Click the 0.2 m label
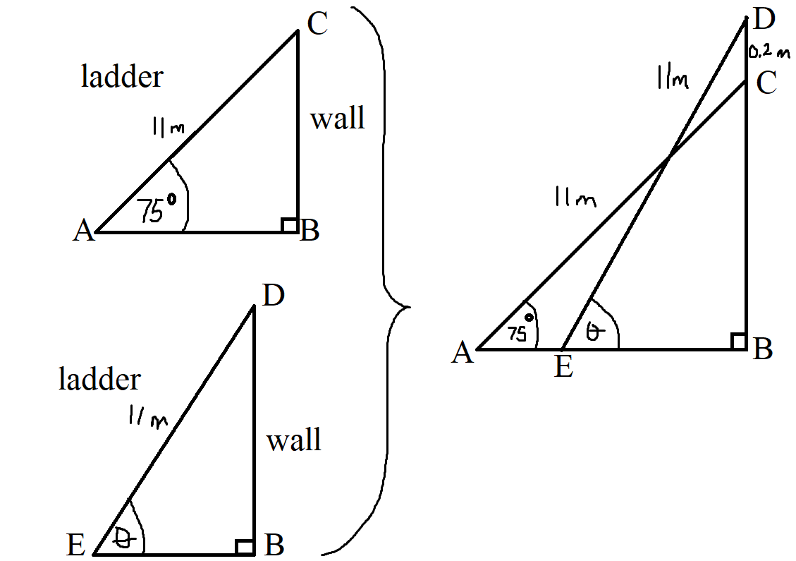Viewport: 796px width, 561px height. click(769, 52)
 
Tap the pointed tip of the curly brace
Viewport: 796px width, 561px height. click(409, 307)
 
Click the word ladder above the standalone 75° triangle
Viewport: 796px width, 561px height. click(123, 77)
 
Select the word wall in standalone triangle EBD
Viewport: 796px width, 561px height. click(294, 440)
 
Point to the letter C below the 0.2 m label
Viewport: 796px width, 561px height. click(766, 83)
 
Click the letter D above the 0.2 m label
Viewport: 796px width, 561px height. click(764, 20)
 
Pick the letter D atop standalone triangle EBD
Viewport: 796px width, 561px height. click(273, 295)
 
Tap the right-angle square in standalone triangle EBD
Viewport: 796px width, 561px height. click(245, 547)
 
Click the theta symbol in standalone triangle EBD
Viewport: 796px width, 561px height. click(122, 538)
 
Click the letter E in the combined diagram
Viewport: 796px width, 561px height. click(563, 366)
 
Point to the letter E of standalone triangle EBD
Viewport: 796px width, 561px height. click(75, 545)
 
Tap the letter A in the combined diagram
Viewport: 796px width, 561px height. click(463, 352)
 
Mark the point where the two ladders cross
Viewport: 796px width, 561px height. click(668, 157)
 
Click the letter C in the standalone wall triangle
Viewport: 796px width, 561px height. click(318, 24)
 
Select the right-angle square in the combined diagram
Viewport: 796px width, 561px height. click(738, 342)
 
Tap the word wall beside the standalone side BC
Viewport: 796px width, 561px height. click(338, 119)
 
